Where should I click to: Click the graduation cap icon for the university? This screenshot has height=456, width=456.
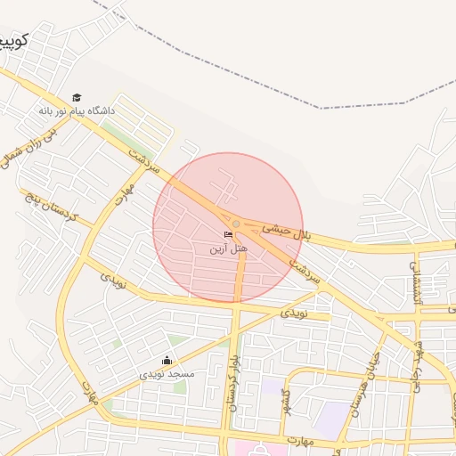pyautogui.click(x=77, y=97)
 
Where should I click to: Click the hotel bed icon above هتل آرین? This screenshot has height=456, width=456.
pyautogui.click(x=229, y=235)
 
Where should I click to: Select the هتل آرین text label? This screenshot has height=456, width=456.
pyautogui.click(x=229, y=248)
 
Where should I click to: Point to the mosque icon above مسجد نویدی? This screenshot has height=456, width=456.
pyautogui.click(x=167, y=361)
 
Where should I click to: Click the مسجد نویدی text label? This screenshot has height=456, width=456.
pyautogui.click(x=167, y=374)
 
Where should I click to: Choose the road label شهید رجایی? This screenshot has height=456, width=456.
pyautogui.click(x=415, y=360)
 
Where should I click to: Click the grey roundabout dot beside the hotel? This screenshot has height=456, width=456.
pyautogui.click(x=236, y=224)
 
